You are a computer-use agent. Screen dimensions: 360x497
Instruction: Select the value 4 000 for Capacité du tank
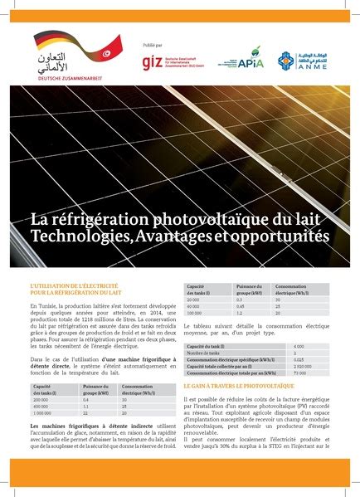pos(299,345)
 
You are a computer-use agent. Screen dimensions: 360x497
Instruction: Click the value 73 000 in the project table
pos(299,373)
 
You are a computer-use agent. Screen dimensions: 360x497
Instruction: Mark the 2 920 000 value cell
pos(303,366)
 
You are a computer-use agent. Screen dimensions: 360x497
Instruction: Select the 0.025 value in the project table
pos(299,358)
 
